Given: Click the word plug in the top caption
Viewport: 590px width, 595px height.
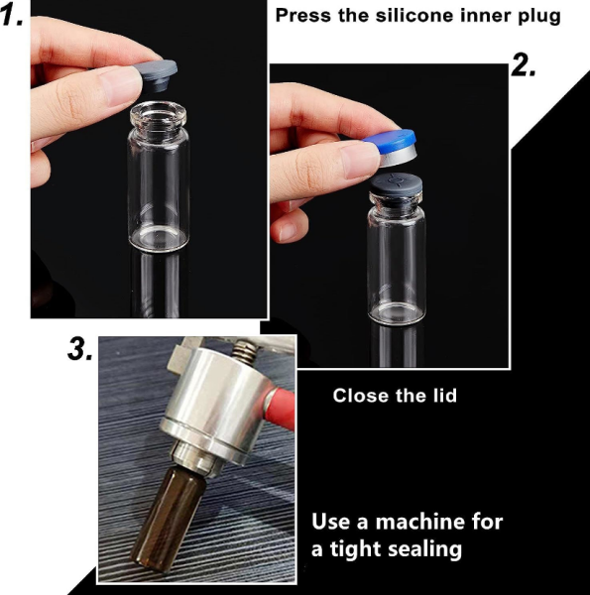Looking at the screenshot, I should point(539,16).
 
